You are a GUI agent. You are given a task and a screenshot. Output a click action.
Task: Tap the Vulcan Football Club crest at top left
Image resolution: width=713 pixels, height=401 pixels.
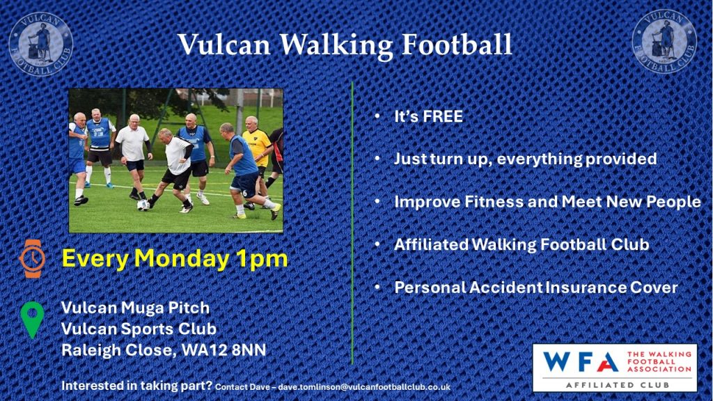(x=41, y=44)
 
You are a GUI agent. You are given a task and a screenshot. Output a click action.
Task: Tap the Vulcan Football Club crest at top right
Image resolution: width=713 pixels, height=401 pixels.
(x=664, y=41)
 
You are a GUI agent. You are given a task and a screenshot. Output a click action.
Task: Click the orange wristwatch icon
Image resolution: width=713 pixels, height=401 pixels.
(x=32, y=258)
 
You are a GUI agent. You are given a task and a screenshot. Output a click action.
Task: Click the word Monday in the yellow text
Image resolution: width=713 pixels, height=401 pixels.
(x=182, y=259)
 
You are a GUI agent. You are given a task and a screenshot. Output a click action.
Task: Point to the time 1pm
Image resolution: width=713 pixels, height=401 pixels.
(x=262, y=259)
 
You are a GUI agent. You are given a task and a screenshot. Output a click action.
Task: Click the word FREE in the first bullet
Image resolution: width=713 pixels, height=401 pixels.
(x=442, y=116)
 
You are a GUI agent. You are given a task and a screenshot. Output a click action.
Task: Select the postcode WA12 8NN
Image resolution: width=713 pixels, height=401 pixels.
(x=224, y=350)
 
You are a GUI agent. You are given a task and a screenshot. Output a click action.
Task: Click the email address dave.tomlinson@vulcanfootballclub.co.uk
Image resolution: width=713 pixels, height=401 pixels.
(x=364, y=387)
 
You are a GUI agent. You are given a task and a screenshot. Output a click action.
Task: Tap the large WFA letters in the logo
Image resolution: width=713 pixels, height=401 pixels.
(x=580, y=362)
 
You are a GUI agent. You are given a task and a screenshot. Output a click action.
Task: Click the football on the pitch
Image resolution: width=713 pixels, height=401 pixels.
(x=143, y=205)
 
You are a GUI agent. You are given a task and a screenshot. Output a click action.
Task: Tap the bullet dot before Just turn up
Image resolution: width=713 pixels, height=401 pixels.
(x=377, y=159)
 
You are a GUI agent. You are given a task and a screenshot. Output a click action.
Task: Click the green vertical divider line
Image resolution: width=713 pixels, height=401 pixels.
(x=352, y=223)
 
